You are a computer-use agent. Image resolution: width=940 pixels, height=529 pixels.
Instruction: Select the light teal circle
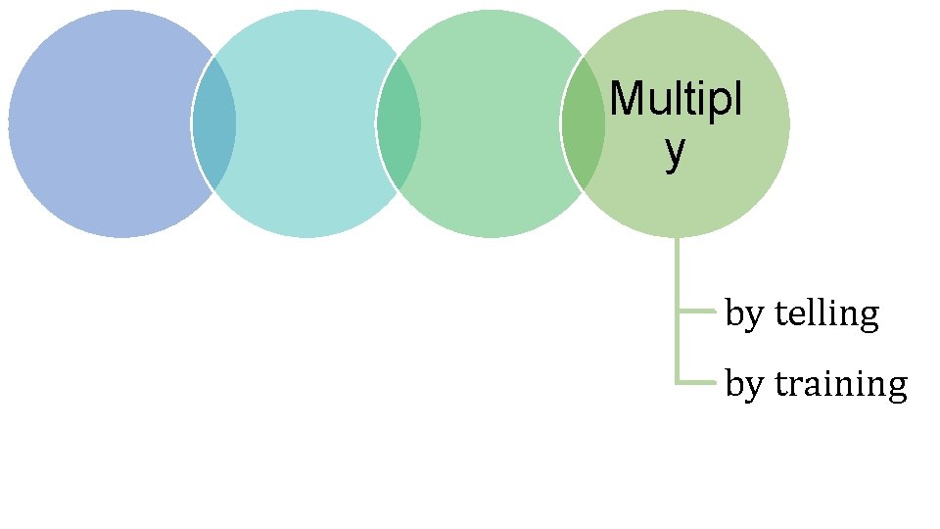point(305,123)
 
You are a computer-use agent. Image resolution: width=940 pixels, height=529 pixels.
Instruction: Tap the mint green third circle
point(490,123)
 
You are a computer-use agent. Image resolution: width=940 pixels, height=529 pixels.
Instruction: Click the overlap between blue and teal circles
point(213,123)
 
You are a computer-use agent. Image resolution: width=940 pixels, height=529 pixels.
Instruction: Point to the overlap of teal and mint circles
point(399,123)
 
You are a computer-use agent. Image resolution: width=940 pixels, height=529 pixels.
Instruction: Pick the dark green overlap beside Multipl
point(583,123)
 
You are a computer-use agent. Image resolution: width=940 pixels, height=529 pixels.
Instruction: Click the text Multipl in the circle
point(675,99)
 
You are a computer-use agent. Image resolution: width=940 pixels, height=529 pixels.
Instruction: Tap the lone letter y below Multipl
point(674,152)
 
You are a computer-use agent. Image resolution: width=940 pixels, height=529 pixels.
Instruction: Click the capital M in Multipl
point(625,99)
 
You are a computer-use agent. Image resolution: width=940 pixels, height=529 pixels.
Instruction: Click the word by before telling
point(744,315)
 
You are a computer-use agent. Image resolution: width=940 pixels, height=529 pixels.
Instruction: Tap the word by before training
point(744,385)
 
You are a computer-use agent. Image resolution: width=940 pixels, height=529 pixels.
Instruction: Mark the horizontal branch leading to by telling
point(697,312)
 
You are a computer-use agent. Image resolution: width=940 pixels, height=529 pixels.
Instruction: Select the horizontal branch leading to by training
point(697,382)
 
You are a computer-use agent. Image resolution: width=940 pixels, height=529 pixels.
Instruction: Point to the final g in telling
point(868,318)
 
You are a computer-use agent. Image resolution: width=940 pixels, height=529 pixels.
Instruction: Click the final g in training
point(896,388)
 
